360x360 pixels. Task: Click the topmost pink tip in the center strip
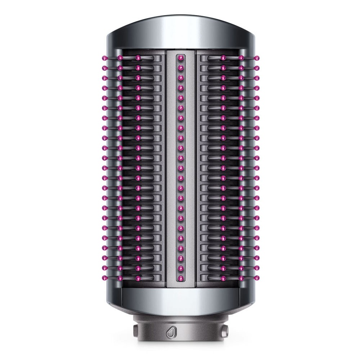pos(180,57)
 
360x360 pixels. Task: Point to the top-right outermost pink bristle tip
pos(256,57)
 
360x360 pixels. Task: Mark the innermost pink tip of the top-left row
pos(137,57)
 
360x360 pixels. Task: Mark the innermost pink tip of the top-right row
pos(223,57)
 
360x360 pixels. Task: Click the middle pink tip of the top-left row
pos(119,57)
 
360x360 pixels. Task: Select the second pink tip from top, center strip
pos(180,67)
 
